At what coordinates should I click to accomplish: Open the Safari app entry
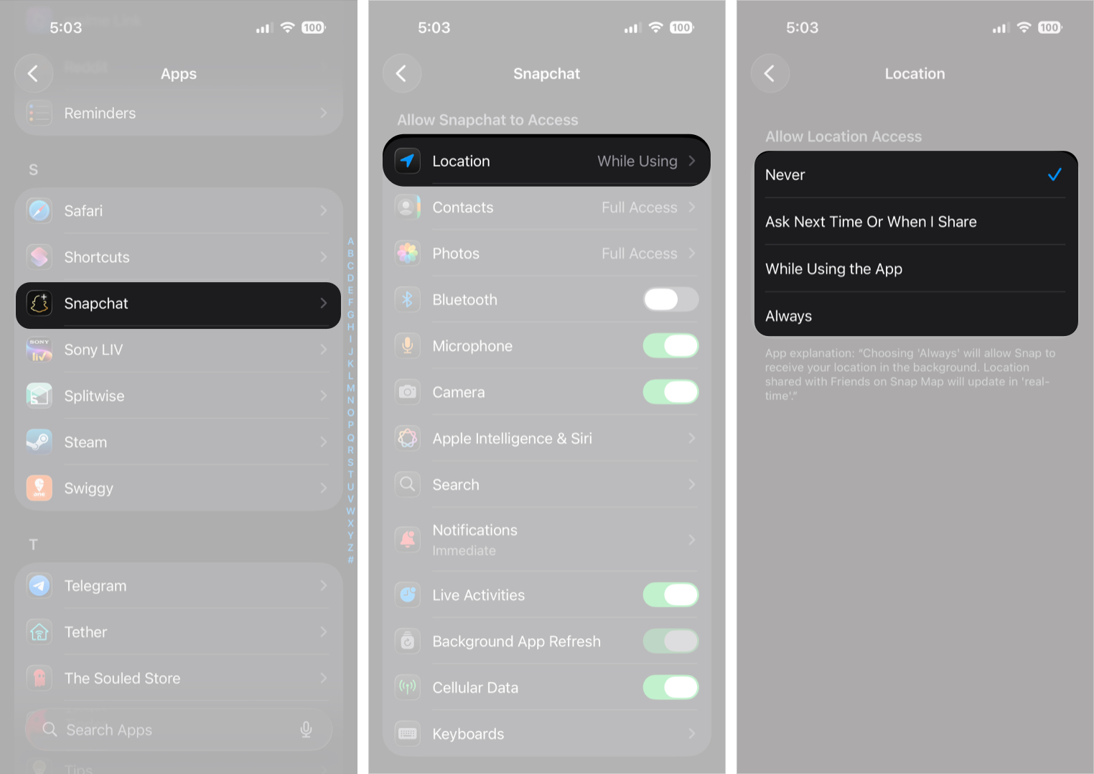[178, 211]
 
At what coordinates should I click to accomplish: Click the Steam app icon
[39, 442]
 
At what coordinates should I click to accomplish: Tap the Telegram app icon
[39, 586]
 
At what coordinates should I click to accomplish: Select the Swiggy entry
[178, 488]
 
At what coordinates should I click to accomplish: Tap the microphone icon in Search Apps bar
[306, 729]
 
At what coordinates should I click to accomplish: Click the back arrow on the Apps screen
[33, 73]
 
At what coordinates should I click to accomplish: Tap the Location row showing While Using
[546, 161]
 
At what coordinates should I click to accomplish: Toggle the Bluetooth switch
[670, 299]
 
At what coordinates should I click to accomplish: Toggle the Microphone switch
[670, 346]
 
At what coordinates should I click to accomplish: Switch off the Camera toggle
[670, 392]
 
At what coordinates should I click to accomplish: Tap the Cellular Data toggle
[670, 687]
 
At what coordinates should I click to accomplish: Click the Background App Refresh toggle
[670, 641]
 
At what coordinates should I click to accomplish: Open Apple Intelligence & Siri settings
[546, 439]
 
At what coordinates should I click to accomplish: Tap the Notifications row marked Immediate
[546, 540]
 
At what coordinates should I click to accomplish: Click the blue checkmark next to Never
[1054, 174]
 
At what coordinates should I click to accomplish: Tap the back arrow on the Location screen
[770, 73]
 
